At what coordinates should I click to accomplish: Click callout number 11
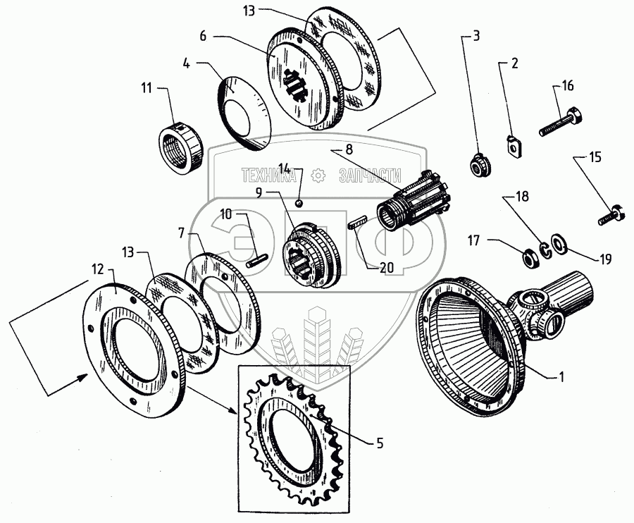coord(146,88)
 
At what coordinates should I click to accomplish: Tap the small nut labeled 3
coord(481,167)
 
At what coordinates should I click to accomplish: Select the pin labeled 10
coord(257,258)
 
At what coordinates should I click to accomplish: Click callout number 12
coord(98,269)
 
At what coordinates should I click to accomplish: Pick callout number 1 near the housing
coord(562,378)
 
